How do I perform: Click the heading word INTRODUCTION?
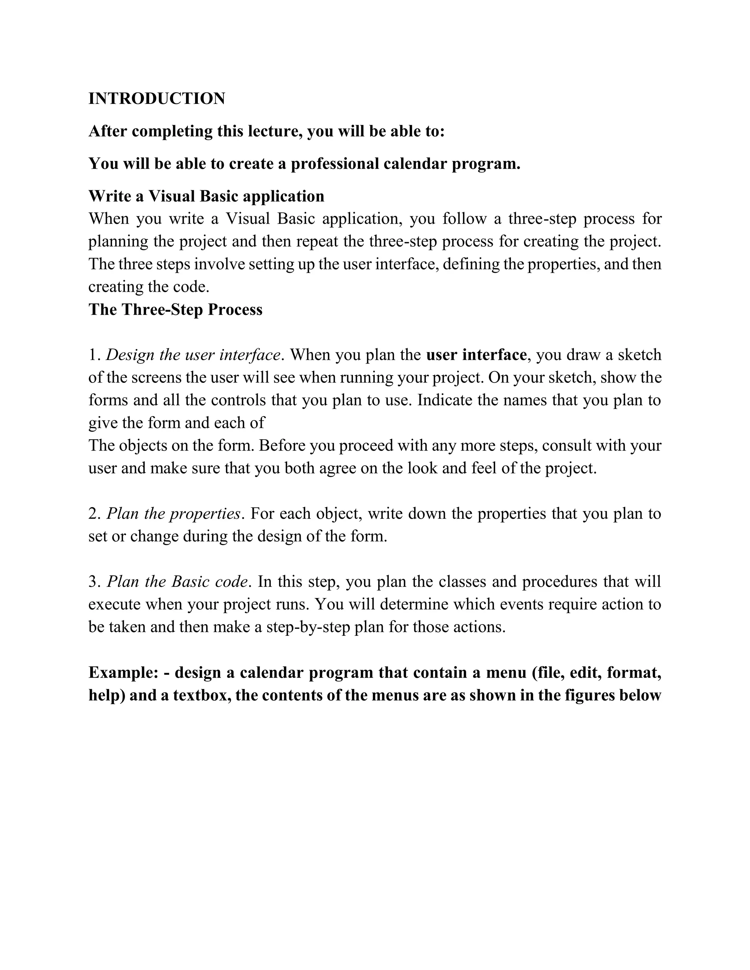coord(157,98)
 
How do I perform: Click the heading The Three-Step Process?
coord(175,310)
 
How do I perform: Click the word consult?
coord(567,445)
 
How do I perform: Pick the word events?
coord(522,604)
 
